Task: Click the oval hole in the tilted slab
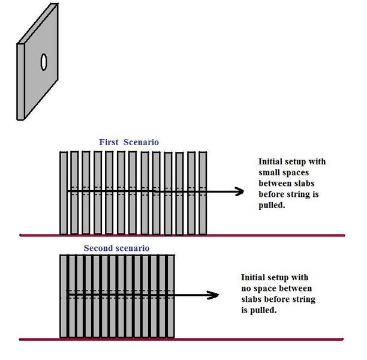pos(44,62)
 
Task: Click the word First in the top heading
pos(109,142)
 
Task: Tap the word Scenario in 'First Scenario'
pos(141,142)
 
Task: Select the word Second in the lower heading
pos(97,248)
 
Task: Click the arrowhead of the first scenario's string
pos(239,191)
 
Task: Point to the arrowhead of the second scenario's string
pos(213,295)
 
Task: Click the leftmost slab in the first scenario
pos(64,193)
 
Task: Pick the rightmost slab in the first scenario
pos(203,193)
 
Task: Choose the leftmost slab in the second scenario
pos(64,296)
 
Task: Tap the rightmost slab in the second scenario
pos(171,296)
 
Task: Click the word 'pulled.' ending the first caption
pos(272,205)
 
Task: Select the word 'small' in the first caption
pos(267,172)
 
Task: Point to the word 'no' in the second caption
pos(246,289)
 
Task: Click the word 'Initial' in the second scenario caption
pos(253,277)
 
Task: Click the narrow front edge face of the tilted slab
pos(20,82)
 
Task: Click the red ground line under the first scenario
pos(182,235)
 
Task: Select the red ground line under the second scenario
pos(181,339)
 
